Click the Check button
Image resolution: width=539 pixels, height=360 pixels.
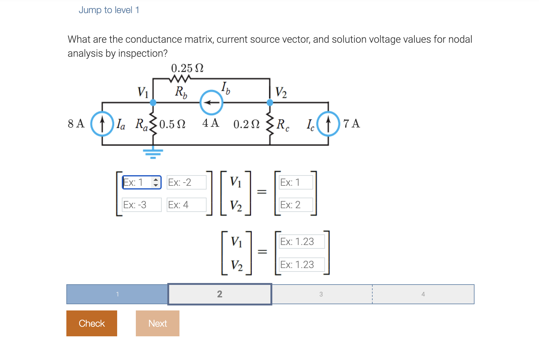92,323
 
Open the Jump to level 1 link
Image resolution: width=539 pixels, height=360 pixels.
109,10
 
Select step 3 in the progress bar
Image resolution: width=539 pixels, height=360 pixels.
321,294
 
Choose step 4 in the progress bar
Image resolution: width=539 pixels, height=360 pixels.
423,294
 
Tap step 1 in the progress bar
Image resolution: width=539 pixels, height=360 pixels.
117,294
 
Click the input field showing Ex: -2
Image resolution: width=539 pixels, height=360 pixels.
186,182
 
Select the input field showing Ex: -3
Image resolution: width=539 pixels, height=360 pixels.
141,205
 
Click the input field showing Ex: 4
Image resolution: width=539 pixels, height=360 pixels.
186,205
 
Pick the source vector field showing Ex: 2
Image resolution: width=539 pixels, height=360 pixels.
296,205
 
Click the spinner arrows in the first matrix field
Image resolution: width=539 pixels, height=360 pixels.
156,182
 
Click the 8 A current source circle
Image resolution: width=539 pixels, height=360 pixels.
102,124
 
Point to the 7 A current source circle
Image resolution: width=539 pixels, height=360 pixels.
328,124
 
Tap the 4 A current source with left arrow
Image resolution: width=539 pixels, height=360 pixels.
211,103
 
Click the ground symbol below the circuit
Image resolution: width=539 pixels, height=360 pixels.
153,153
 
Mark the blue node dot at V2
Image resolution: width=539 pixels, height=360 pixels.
270,102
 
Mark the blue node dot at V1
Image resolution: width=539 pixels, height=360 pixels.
153,102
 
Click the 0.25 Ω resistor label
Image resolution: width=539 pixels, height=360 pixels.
187,68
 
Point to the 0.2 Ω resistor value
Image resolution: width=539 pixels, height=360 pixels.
246,124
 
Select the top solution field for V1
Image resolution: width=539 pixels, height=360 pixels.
301,242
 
